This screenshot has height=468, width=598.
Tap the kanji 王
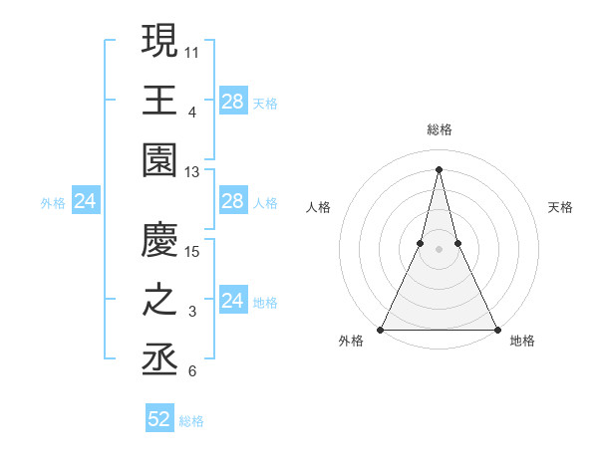[x=160, y=100]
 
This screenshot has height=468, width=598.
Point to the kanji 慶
[x=160, y=239]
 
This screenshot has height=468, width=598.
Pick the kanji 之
[x=160, y=301]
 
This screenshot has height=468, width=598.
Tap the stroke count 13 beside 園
[x=192, y=172]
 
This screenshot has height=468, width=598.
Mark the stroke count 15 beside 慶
[x=192, y=251]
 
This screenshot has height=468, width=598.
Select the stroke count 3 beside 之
[x=192, y=313]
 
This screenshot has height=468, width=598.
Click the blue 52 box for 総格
[x=159, y=419]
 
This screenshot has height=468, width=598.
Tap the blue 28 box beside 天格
[x=232, y=101]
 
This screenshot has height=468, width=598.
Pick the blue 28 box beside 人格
[x=232, y=202]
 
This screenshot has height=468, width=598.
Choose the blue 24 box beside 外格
[x=85, y=202]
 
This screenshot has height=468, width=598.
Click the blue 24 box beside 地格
[x=232, y=301]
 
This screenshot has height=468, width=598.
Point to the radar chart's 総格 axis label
[x=439, y=129]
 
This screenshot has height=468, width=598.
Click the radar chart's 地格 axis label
[x=522, y=341]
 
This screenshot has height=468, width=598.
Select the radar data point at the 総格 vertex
[x=439, y=168]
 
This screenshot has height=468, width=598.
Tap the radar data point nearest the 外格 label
[x=381, y=330]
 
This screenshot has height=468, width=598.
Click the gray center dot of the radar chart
[x=439, y=249]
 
